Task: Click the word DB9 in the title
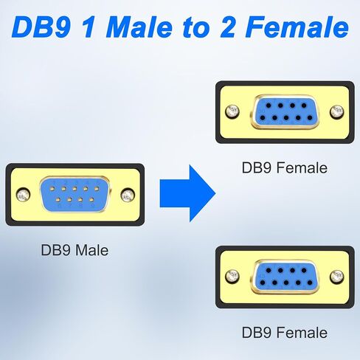(x=41, y=27)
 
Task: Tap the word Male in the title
(x=139, y=27)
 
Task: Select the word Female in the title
(x=297, y=27)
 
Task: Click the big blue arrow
(x=188, y=193)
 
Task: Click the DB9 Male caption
(x=75, y=250)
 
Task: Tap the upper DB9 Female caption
(x=285, y=167)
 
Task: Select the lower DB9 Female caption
(x=285, y=333)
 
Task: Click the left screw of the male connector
(x=24, y=195)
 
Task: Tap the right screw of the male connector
(x=128, y=195)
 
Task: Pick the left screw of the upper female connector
(x=232, y=111)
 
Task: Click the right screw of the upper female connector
(x=337, y=111)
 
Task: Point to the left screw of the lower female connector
(x=232, y=277)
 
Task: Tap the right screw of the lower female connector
(x=337, y=277)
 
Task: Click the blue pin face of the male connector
(x=75, y=195)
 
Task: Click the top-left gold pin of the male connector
(x=52, y=189)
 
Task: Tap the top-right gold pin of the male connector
(x=97, y=189)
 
